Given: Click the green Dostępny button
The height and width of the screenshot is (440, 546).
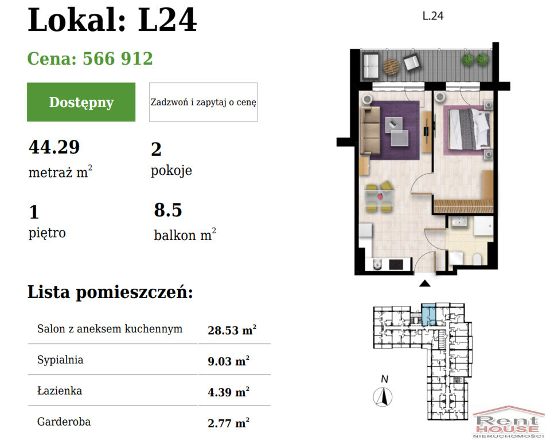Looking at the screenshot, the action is (x=81, y=102).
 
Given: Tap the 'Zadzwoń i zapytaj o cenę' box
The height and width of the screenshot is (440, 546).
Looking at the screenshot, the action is (x=204, y=102).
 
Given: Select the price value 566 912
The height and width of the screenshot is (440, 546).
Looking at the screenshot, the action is (x=118, y=58).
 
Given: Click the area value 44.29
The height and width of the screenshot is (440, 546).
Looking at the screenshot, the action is (x=54, y=147).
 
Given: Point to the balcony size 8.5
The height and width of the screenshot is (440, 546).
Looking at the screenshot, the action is (x=168, y=210).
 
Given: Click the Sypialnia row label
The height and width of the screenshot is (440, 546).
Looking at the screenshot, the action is (x=60, y=360).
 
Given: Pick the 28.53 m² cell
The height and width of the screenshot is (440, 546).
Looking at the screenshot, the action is (x=232, y=330).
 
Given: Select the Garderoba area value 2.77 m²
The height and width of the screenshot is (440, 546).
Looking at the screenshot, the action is (x=228, y=423).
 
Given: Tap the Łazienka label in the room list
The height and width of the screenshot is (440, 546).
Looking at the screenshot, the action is (x=60, y=391).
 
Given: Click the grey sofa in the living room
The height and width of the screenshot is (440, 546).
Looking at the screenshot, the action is (x=370, y=131).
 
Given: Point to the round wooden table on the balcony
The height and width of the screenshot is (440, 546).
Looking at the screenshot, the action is (x=391, y=66).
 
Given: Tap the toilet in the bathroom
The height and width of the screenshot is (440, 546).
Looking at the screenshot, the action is (x=477, y=260).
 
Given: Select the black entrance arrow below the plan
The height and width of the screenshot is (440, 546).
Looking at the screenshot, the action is (x=424, y=284).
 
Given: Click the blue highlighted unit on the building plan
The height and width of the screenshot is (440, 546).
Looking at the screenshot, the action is (x=428, y=315).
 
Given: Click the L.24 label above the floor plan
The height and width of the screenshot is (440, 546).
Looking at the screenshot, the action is (x=433, y=16).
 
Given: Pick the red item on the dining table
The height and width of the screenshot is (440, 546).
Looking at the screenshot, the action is (x=380, y=197).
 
